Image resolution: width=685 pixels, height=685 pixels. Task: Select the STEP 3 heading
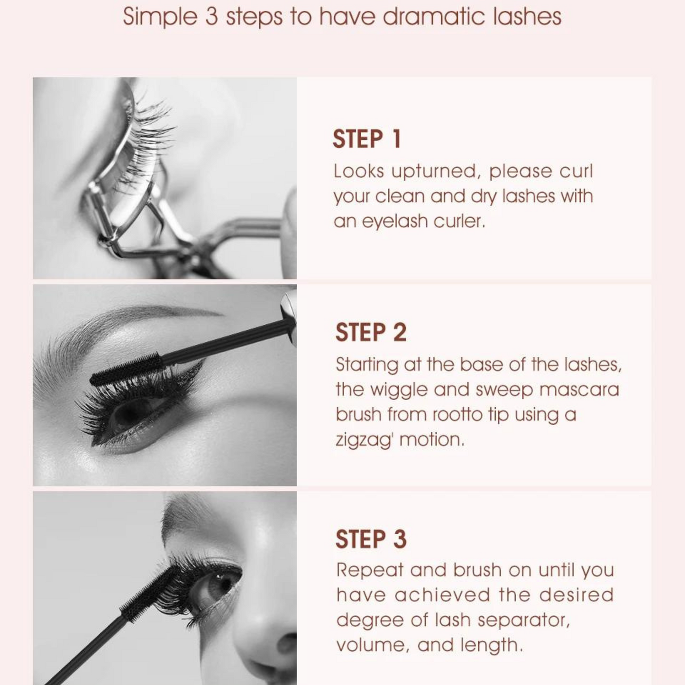coord(371,539)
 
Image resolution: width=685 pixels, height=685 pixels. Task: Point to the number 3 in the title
coord(211,17)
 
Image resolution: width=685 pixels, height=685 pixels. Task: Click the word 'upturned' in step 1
coord(434,172)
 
